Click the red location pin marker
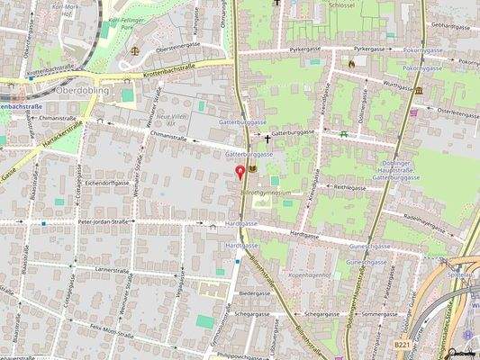click(x=240, y=171)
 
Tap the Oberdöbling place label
click(x=82, y=91)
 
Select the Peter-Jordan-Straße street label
click(x=104, y=220)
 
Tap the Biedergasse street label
click(x=255, y=293)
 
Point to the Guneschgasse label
click(x=369, y=246)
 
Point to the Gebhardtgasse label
click(x=451, y=25)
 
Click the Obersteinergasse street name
click(x=177, y=44)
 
